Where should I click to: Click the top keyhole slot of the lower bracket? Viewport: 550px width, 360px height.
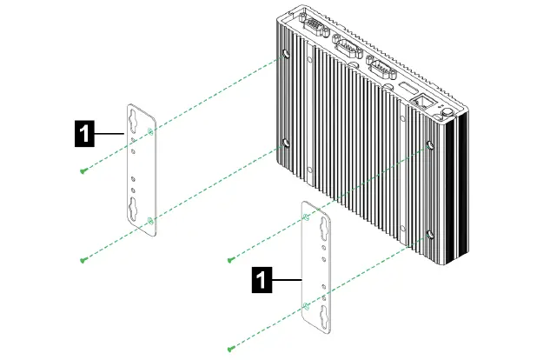316,224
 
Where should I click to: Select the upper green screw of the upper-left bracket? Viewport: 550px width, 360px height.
82,170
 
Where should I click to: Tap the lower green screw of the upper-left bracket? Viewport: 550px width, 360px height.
83,259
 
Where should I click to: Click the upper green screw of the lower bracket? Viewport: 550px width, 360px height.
230,259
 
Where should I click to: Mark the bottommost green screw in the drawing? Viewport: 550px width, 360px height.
230,349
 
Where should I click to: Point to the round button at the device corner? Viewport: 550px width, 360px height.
447,110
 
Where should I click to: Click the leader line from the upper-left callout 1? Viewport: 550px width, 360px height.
110,133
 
